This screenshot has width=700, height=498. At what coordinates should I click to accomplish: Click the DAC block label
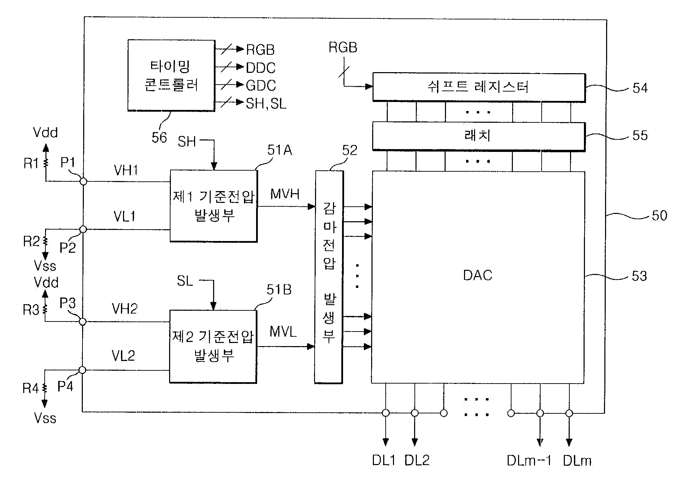click(478, 275)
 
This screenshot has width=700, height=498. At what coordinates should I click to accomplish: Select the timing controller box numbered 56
click(171, 75)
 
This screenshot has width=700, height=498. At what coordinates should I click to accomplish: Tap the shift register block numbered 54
click(479, 87)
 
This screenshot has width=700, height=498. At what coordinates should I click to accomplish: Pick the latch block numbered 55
click(479, 136)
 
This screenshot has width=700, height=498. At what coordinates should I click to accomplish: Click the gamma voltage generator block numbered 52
click(329, 277)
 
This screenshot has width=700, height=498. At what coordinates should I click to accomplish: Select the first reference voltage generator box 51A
click(213, 206)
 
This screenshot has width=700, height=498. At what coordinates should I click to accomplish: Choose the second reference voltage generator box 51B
click(213, 346)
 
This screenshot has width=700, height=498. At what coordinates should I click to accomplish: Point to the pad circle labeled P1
click(83, 181)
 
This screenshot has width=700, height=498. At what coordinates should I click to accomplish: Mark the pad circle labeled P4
click(82, 370)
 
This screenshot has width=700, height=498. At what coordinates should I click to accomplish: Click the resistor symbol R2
click(45, 241)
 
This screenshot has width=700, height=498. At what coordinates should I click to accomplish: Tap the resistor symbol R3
click(45, 309)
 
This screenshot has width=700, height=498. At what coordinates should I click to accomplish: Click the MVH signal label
click(285, 194)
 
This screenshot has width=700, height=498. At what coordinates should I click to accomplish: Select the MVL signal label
click(283, 332)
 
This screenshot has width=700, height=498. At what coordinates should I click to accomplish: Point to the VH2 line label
click(124, 309)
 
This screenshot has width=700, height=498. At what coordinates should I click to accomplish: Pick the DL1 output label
click(384, 460)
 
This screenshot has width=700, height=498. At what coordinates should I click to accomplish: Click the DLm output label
click(577, 461)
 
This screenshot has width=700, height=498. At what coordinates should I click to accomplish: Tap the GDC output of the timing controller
click(261, 85)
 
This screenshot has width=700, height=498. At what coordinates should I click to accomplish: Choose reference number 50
click(659, 216)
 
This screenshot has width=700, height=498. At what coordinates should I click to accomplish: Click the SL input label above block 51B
click(185, 281)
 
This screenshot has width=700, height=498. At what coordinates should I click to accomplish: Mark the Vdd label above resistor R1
click(45, 132)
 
